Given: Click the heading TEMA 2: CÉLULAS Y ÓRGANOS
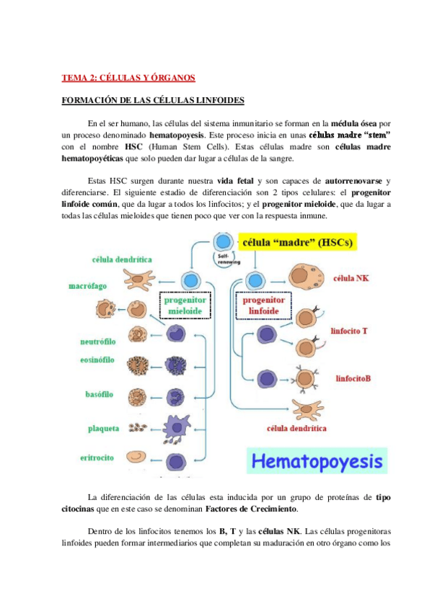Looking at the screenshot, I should point(128,78).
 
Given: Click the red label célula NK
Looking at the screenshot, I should point(350,277).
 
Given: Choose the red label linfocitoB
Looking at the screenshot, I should point(353,378).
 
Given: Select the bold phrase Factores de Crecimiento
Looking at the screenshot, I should point(251,509).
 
